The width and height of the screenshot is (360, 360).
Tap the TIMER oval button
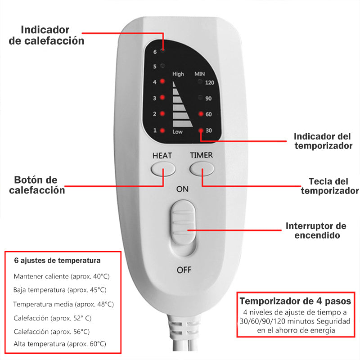(x=202, y=169)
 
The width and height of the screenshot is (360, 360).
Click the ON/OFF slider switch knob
(x=183, y=222)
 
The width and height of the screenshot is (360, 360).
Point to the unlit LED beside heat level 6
(x=163, y=50)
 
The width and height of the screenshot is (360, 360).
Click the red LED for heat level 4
(x=162, y=81)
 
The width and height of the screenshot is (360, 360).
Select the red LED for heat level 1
(x=162, y=130)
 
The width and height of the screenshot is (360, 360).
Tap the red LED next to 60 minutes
(x=201, y=114)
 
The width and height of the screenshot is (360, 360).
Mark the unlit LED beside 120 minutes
(x=200, y=81)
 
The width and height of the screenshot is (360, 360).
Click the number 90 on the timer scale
(x=208, y=99)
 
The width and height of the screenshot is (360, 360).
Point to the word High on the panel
(x=178, y=74)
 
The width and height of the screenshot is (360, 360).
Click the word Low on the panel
(x=177, y=132)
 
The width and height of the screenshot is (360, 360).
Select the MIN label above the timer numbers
(x=199, y=74)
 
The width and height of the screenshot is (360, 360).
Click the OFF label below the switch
(x=184, y=270)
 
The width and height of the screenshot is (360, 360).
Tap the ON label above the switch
(x=182, y=189)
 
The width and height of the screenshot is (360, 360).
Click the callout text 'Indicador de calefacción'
(x=46, y=35)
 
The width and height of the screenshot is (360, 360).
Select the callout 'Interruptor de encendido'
(x=316, y=230)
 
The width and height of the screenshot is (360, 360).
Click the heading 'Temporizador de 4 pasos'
(x=295, y=301)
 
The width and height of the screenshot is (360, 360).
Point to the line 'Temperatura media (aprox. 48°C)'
(x=63, y=304)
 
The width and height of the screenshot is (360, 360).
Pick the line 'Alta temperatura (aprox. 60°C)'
(x=60, y=344)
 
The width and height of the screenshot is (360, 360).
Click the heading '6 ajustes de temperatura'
(x=58, y=261)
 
